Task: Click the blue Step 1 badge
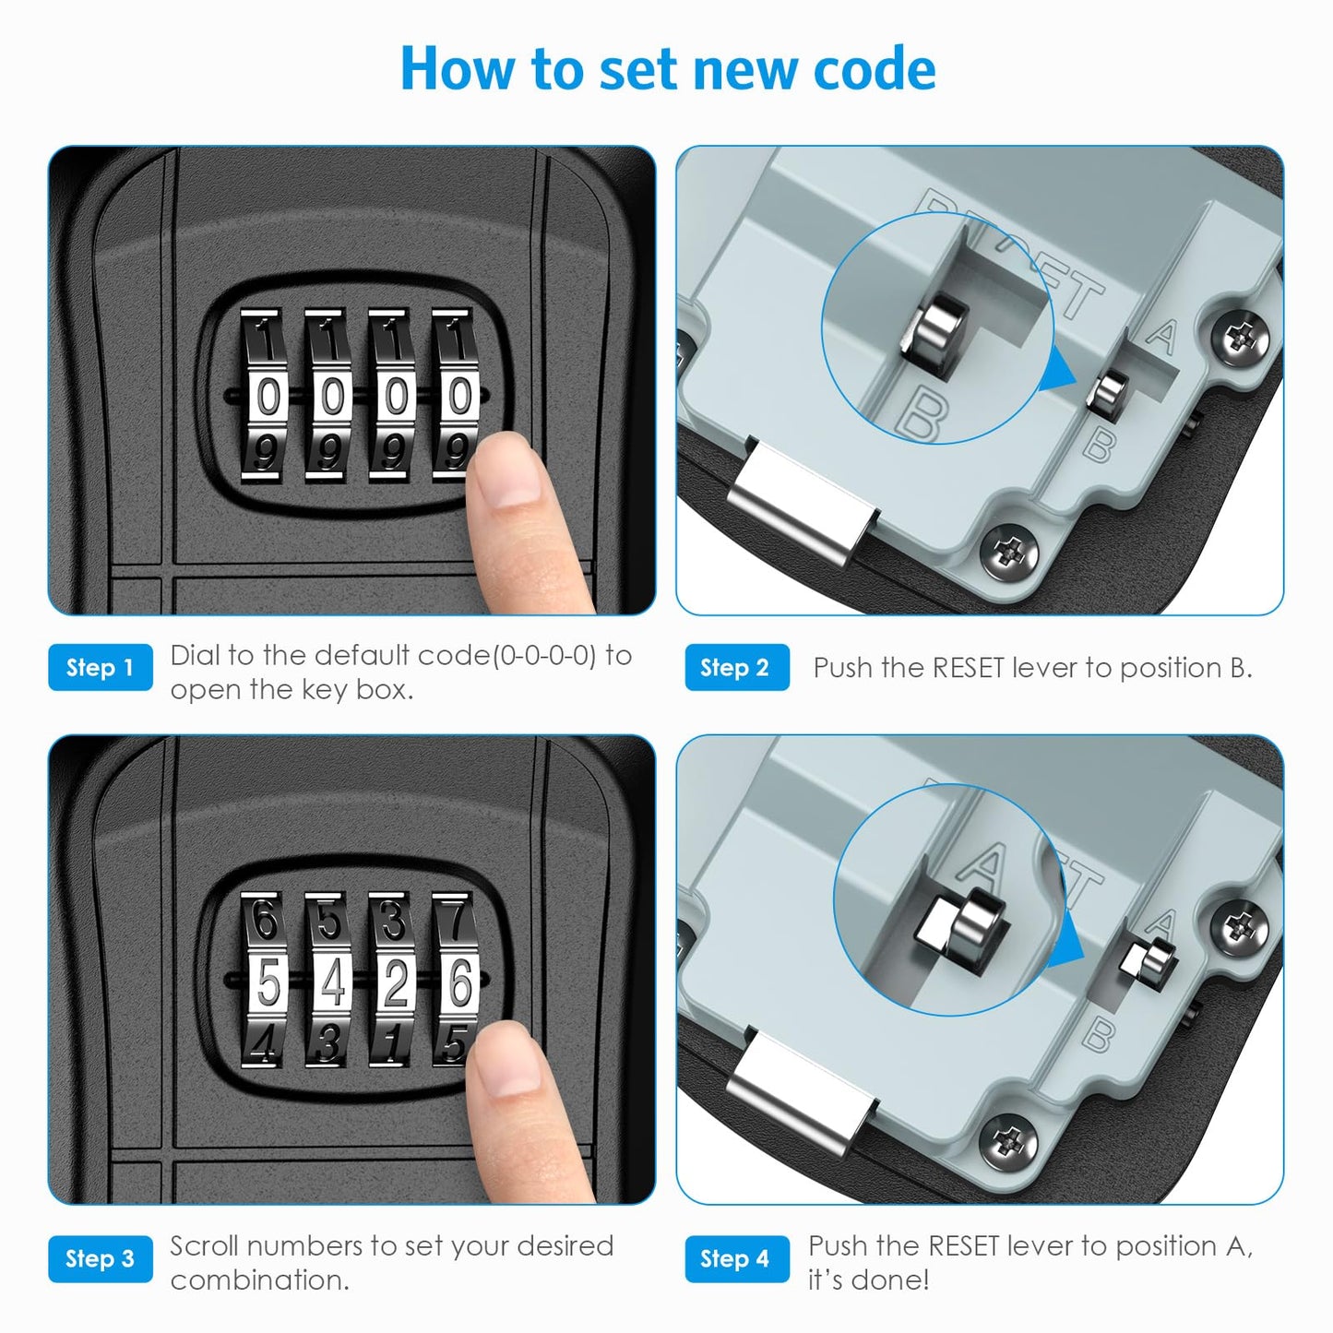[101, 667]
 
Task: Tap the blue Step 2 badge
[737, 667]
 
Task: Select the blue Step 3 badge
[101, 1258]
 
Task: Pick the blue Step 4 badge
[737, 1258]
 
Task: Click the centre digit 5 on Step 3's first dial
[268, 982]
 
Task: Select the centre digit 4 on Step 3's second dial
[332, 982]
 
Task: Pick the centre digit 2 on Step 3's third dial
[395, 982]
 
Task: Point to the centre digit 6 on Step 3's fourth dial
[459, 982]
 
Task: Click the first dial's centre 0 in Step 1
[268, 397]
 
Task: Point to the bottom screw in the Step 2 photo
[1010, 552]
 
